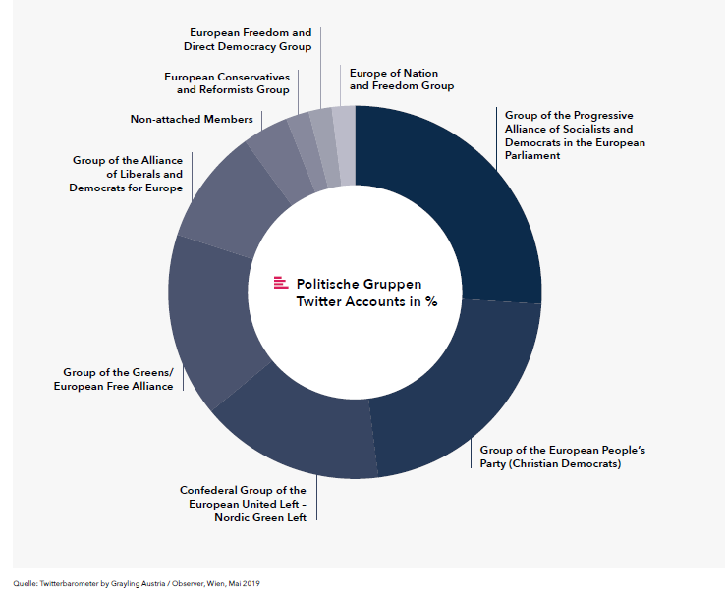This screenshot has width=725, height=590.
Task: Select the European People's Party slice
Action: pyautogui.click(x=463, y=393)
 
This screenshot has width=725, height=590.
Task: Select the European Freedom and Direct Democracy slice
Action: pyautogui.click(x=326, y=148)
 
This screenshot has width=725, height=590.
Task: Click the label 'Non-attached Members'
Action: pyautogui.click(x=192, y=119)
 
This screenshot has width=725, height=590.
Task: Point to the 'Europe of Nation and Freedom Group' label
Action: pyautogui.click(x=402, y=80)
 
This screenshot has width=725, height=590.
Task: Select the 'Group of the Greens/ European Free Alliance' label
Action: pyautogui.click(x=114, y=379)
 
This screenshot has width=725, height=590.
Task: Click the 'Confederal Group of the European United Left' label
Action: pyautogui.click(x=243, y=504)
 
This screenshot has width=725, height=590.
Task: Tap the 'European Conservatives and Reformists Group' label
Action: pyautogui.click(x=227, y=83)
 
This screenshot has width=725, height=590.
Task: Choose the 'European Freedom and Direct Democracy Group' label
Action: pyautogui.click(x=248, y=39)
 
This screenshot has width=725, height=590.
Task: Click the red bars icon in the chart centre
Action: pyautogui.click(x=281, y=283)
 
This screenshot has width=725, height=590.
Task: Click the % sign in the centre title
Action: pyautogui.click(x=431, y=301)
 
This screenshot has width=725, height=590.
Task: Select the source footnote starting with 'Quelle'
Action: pyautogui.click(x=137, y=583)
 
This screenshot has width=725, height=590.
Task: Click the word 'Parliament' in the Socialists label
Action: pyautogui.click(x=532, y=156)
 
